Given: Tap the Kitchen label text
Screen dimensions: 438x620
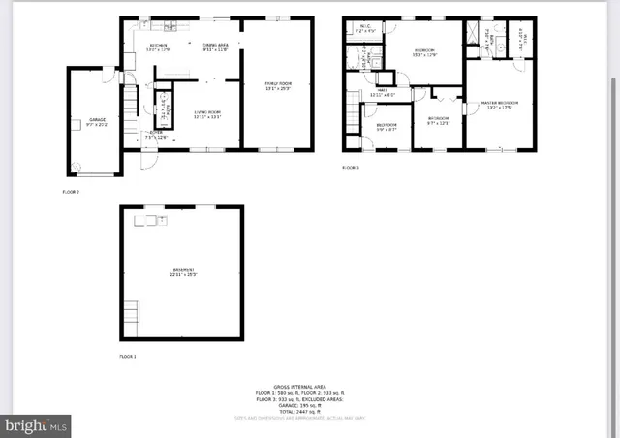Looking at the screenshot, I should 158,47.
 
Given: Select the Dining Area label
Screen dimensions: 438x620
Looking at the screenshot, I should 215,47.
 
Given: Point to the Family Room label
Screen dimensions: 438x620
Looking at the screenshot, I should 279,86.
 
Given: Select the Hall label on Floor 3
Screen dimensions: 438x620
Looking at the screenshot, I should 383,93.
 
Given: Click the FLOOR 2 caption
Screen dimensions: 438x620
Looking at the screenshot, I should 71,193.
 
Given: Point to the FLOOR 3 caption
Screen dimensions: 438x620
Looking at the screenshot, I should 350,168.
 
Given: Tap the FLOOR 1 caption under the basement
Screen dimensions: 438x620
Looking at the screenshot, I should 128,357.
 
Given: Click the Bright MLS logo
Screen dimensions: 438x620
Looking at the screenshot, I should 37,423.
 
